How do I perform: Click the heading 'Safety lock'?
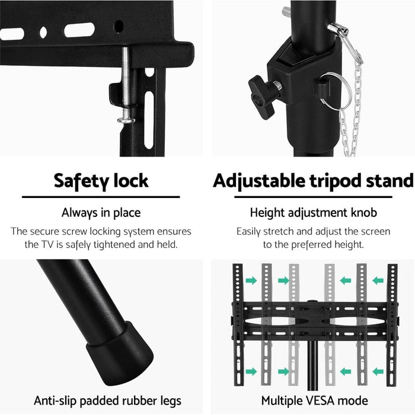[x=100, y=180]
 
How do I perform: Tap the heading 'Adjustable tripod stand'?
[x=313, y=180]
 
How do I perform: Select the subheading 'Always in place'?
[x=100, y=212]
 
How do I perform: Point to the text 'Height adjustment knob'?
[x=312, y=212]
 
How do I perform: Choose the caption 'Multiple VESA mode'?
[x=314, y=401]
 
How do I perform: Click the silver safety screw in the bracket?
[x=127, y=89]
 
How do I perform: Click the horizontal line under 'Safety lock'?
[x=100, y=197]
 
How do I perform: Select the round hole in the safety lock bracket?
[x=119, y=26]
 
